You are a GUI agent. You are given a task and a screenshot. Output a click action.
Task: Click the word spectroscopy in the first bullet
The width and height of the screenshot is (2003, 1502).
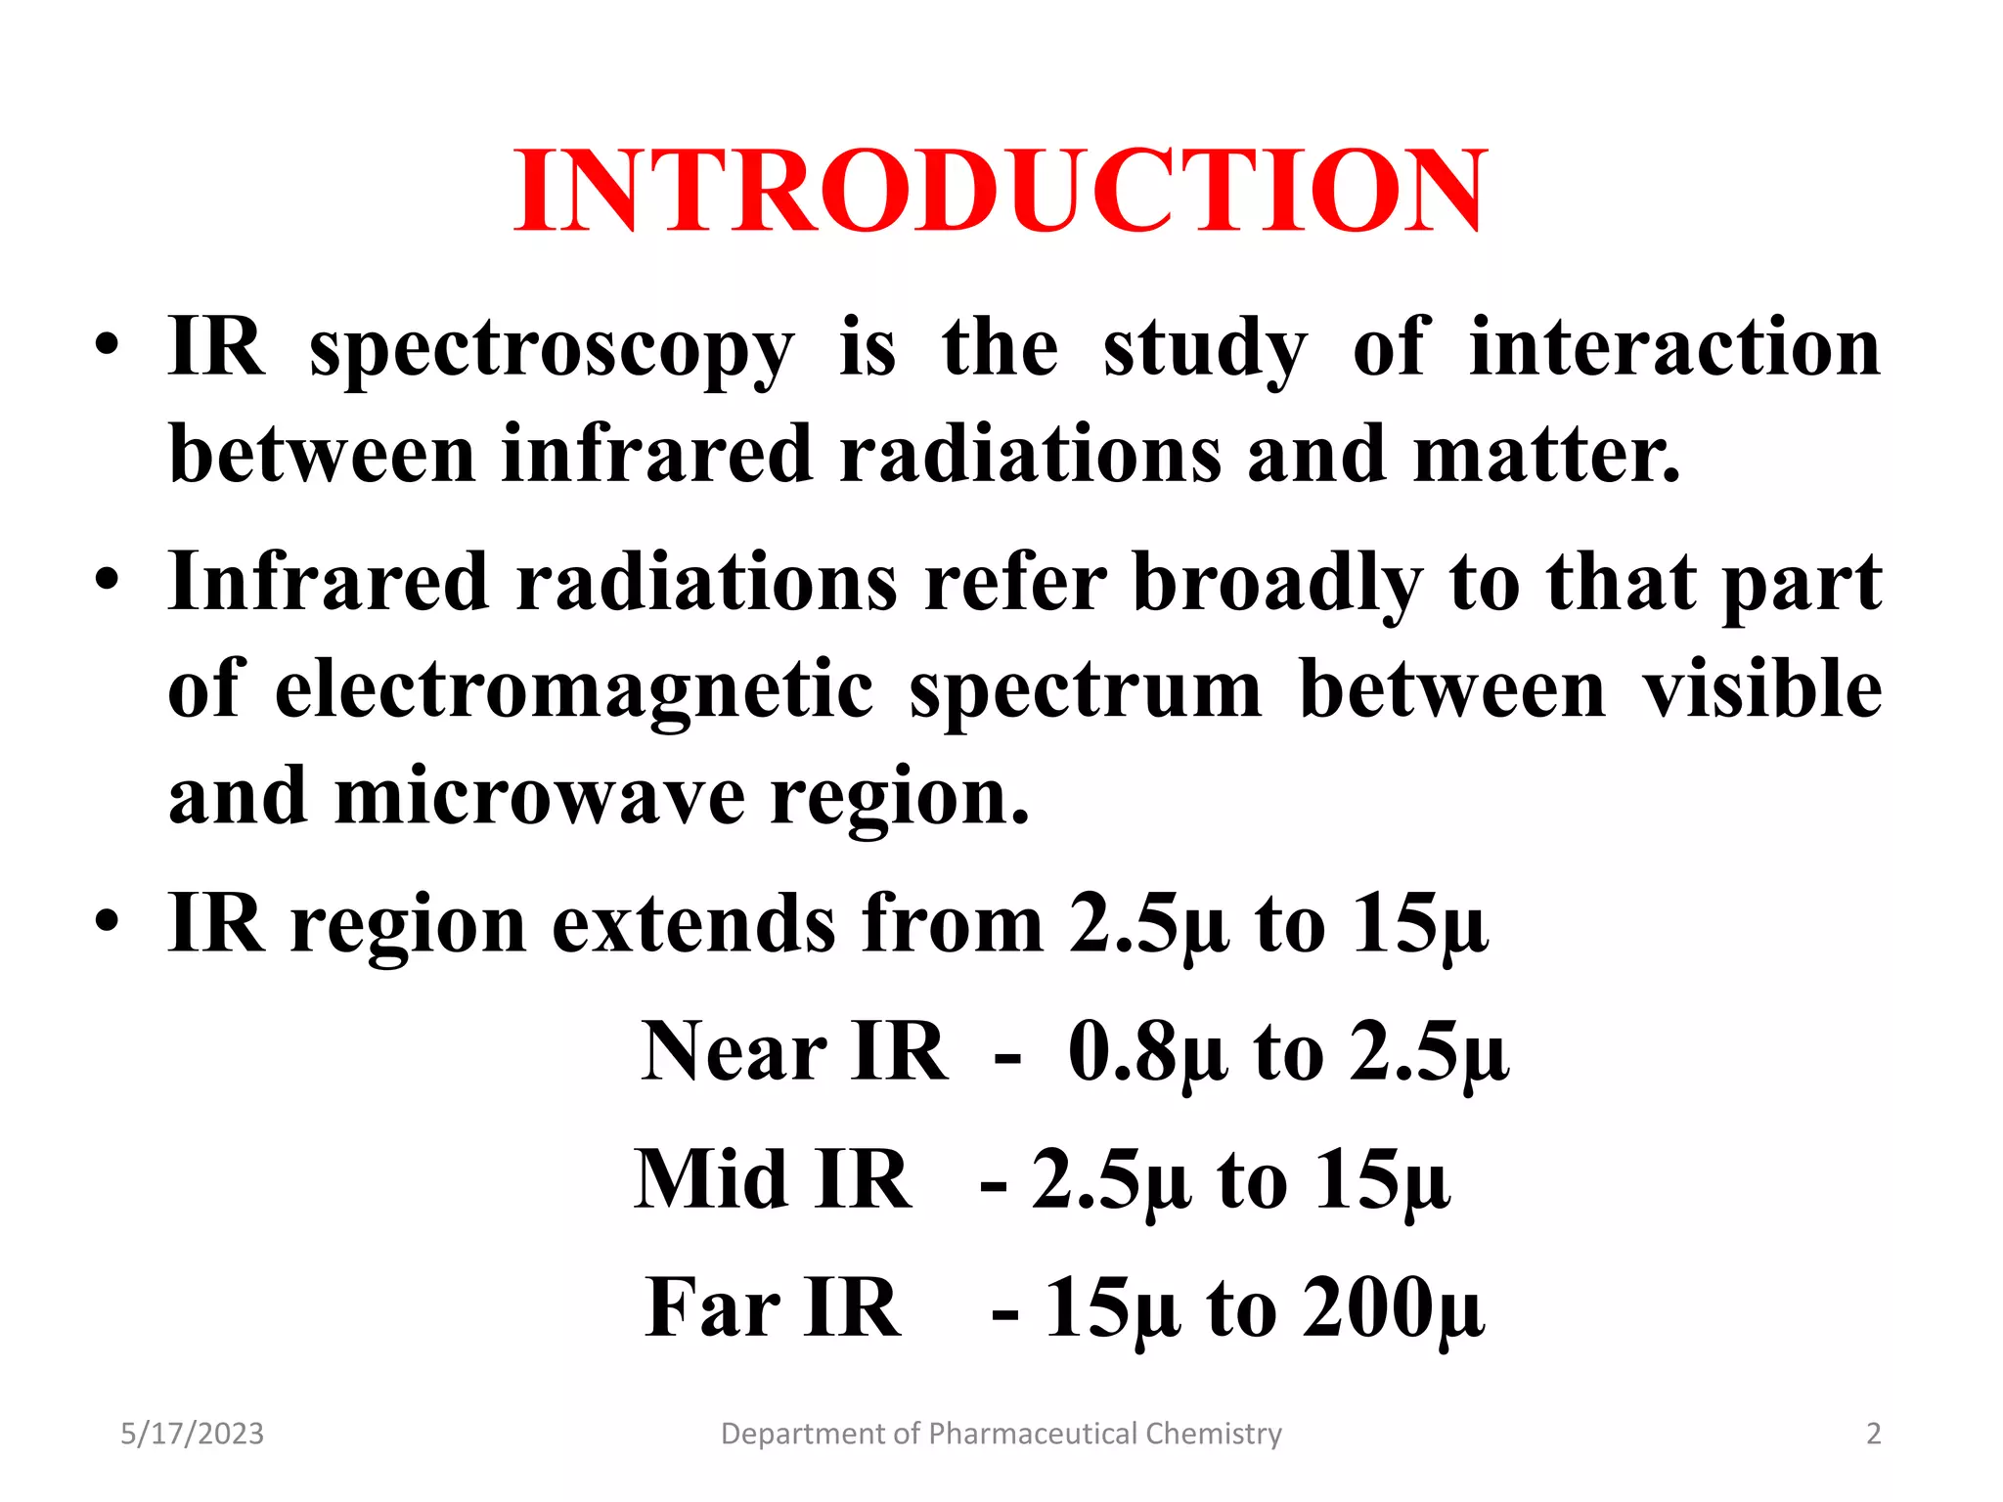coord(552,349)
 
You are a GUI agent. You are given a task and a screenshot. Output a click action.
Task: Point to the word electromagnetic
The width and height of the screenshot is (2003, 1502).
coord(574,689)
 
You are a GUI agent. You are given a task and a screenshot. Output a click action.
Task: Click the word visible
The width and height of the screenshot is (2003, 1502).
coord(1761,689)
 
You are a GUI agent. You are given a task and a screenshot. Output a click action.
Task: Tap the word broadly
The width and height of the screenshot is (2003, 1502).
coord(1277,583)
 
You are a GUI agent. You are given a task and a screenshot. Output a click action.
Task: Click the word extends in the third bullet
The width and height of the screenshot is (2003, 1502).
coord(693,924)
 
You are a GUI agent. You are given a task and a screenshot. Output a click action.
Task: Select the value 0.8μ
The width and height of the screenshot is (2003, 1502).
coord(1147,1053)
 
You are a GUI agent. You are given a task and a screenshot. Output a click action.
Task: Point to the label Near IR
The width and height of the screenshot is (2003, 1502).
coord(794,1053)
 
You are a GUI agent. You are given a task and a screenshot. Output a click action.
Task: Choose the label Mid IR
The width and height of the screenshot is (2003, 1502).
coord(773,1180)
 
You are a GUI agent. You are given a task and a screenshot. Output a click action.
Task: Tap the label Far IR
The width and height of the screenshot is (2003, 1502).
coord(773,1308)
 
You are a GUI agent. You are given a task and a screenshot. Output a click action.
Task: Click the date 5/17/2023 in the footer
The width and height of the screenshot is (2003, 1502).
coord(192,1434)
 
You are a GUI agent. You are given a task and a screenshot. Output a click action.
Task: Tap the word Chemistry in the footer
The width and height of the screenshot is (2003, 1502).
coord(1213,1434)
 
